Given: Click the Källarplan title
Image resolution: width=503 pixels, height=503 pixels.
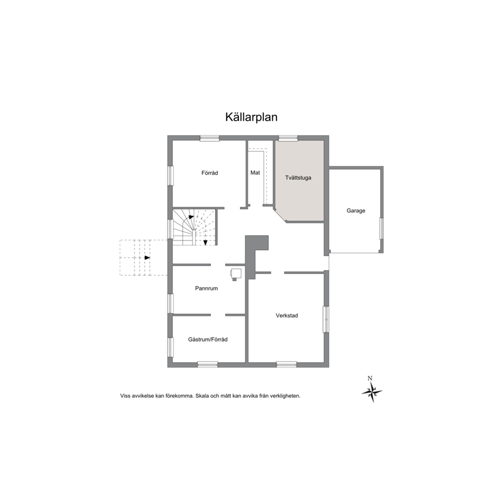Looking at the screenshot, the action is pos(251,117).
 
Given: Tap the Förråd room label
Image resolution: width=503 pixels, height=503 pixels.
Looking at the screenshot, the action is pos(209,173).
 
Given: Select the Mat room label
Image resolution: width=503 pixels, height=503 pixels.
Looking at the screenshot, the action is pos(255,172).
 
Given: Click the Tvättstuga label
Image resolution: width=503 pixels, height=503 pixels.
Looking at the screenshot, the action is pos(298,177).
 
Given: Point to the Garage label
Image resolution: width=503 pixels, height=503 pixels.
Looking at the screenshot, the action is pos(356,211).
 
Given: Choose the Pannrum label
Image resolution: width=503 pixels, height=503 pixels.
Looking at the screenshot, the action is pos(206,289).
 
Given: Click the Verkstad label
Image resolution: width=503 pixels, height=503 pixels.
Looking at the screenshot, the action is pos(287,316).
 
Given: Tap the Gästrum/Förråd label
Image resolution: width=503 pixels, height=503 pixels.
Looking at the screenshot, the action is pos(208,339).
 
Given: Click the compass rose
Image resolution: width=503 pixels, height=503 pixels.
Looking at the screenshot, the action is pos(372,392).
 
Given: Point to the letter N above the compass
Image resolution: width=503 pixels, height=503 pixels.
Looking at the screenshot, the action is pos(370,378).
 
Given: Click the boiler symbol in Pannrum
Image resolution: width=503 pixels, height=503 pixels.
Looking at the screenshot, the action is pos(236,274).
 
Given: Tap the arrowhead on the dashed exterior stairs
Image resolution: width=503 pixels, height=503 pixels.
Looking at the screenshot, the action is pos(147,258).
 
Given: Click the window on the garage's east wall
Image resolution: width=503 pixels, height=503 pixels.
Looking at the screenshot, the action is pos(381,228).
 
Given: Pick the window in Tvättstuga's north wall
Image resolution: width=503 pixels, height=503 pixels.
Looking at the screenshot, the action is pos(288,138).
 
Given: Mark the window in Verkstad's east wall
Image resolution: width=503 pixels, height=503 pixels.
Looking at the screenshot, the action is pos(326,319).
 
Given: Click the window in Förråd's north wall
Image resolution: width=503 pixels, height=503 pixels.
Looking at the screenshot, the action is pos(209,138).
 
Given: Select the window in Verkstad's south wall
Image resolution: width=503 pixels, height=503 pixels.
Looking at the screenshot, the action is pos(286,365).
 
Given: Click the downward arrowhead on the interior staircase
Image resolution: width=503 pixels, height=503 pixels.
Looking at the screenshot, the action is pos(206,242).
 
